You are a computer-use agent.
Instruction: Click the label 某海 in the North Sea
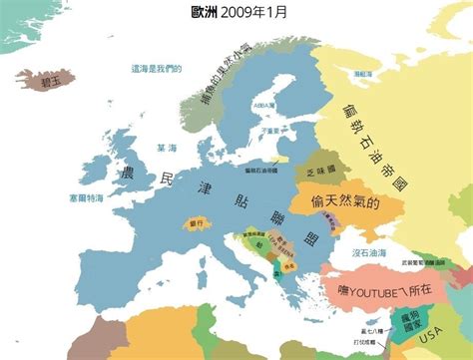(167, 149)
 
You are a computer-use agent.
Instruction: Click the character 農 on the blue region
(129, 172)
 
